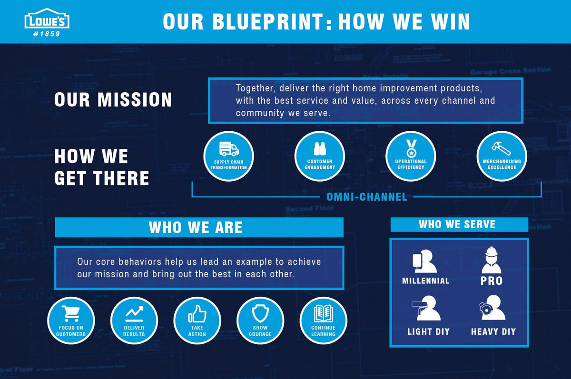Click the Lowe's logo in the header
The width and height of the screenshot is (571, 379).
(x=47, y=19)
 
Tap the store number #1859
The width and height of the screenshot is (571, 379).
(x=47, y=34)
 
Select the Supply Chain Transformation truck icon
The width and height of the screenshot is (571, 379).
(x=229, y=149)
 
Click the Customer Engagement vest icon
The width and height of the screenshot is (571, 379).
(x=320, y=149)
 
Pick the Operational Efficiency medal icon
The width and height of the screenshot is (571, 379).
(x=411, y=148)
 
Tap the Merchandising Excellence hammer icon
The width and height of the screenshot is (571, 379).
(x=502, y=148)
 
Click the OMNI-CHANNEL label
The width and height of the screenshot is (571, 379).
(x=366, y=196)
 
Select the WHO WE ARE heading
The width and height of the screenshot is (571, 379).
(x=196, y=227)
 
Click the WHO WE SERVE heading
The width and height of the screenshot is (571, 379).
(x=457, y=224)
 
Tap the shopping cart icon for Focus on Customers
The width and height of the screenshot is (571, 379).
(x=71, y=313)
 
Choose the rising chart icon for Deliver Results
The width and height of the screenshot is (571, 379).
(x=134, y=313)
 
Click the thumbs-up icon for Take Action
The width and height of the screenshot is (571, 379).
(x=197, y=313)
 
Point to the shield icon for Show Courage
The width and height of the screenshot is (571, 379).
(x=260, y=313)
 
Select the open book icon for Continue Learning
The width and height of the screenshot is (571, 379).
(x=323, y=313)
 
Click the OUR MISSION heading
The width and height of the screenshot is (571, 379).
(x=113, y=100)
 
